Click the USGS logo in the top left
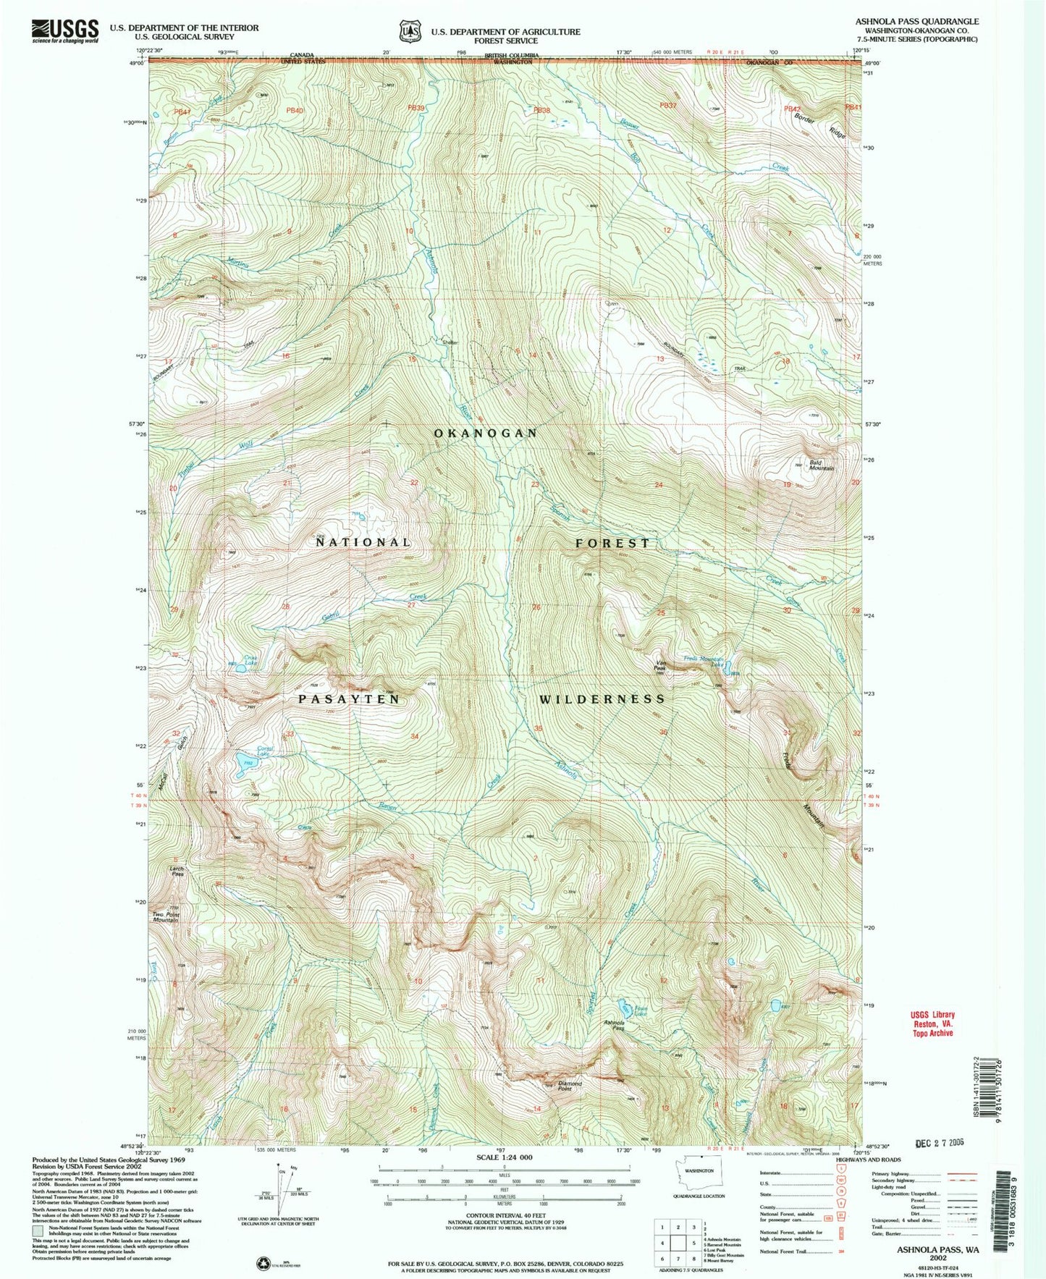(65, 31)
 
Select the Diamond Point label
(570, 1086)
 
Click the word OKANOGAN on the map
(485, 433)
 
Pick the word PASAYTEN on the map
(349, 698)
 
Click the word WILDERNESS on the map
(602, 698)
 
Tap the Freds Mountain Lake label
(705, 660)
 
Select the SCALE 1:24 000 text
(503, 1157)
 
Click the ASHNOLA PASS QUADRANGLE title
(916, 22)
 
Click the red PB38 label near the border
(541, 110)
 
